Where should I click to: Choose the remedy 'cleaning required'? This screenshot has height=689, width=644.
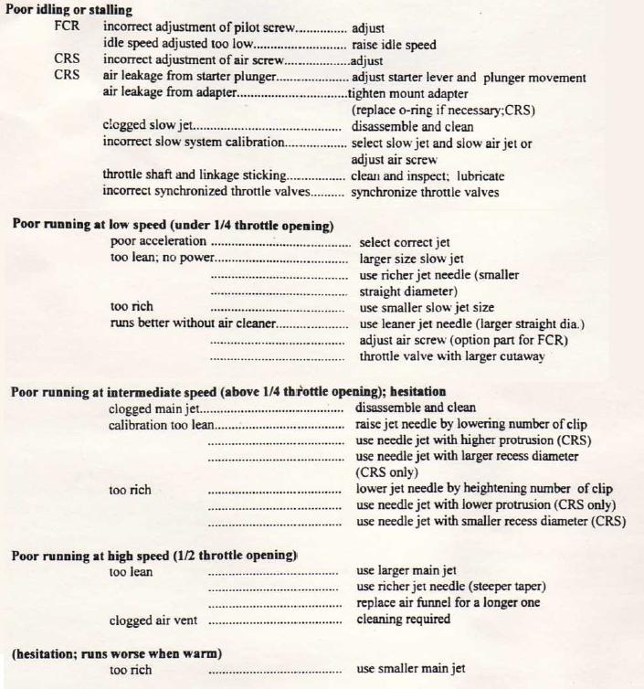(x=403, y=620)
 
